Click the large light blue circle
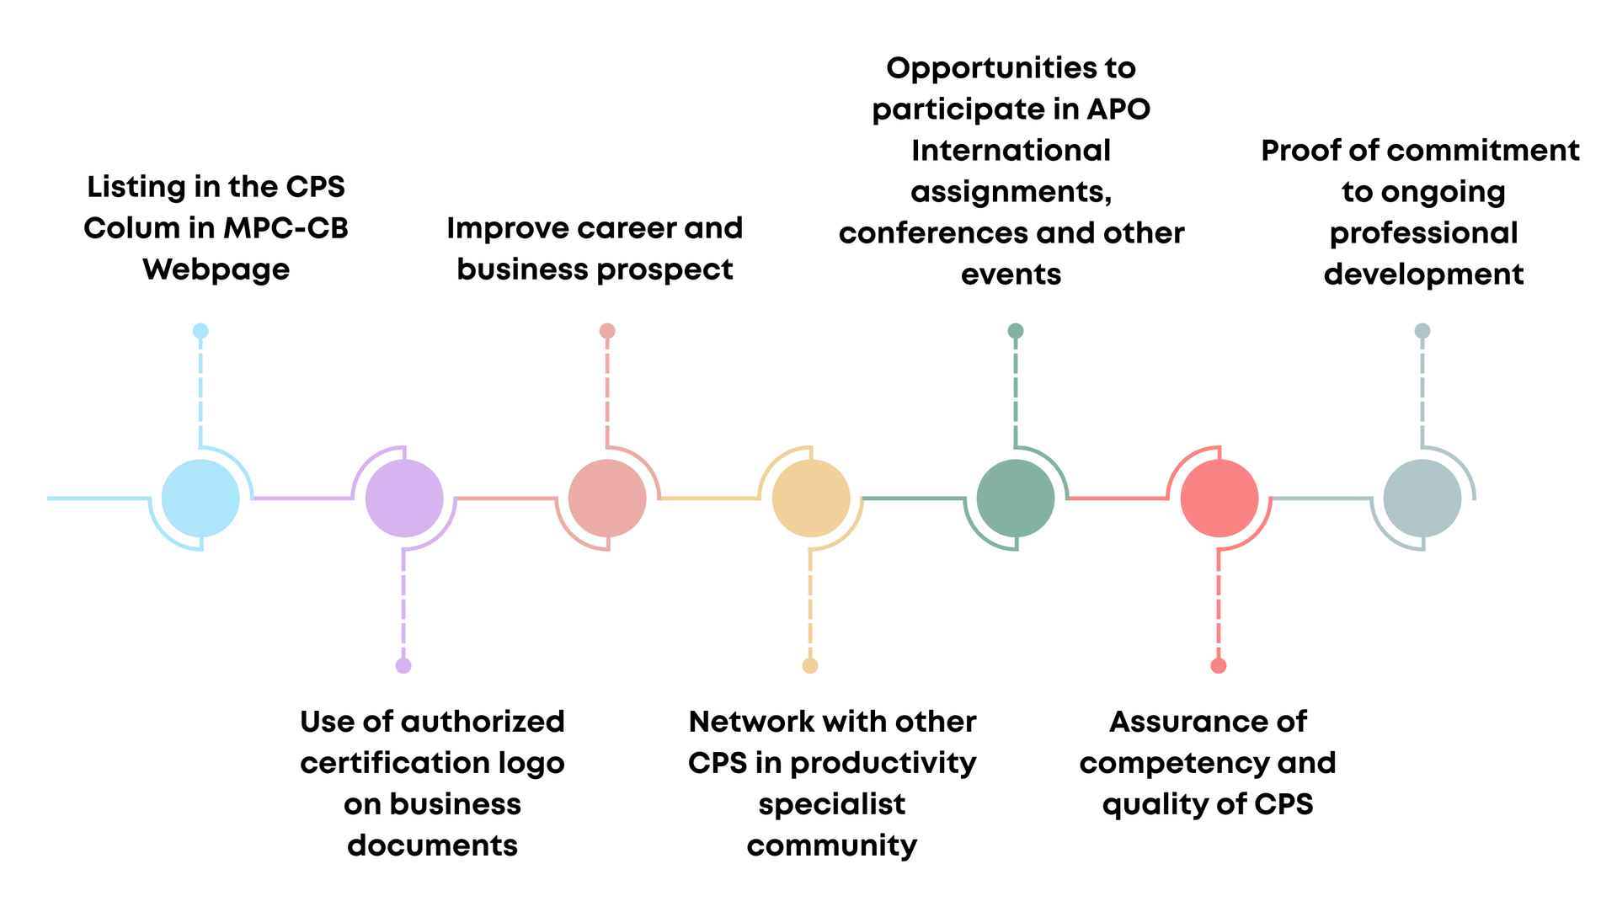coord(200,499)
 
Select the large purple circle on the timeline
coord(404,499)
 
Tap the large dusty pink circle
coord(607,499)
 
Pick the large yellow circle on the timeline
coord(811,499)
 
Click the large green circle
coord(1016,499)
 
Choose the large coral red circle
coord(1219,499)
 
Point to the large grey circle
coord(1422,499)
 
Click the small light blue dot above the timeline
coord(200,331)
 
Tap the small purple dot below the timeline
coord(403,666)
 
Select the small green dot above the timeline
coord(1016,331)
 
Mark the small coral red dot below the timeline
coord(1219,666)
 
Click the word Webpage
coord(216,270)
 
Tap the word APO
coord(1118,109)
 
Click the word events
coord(1011,275)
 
